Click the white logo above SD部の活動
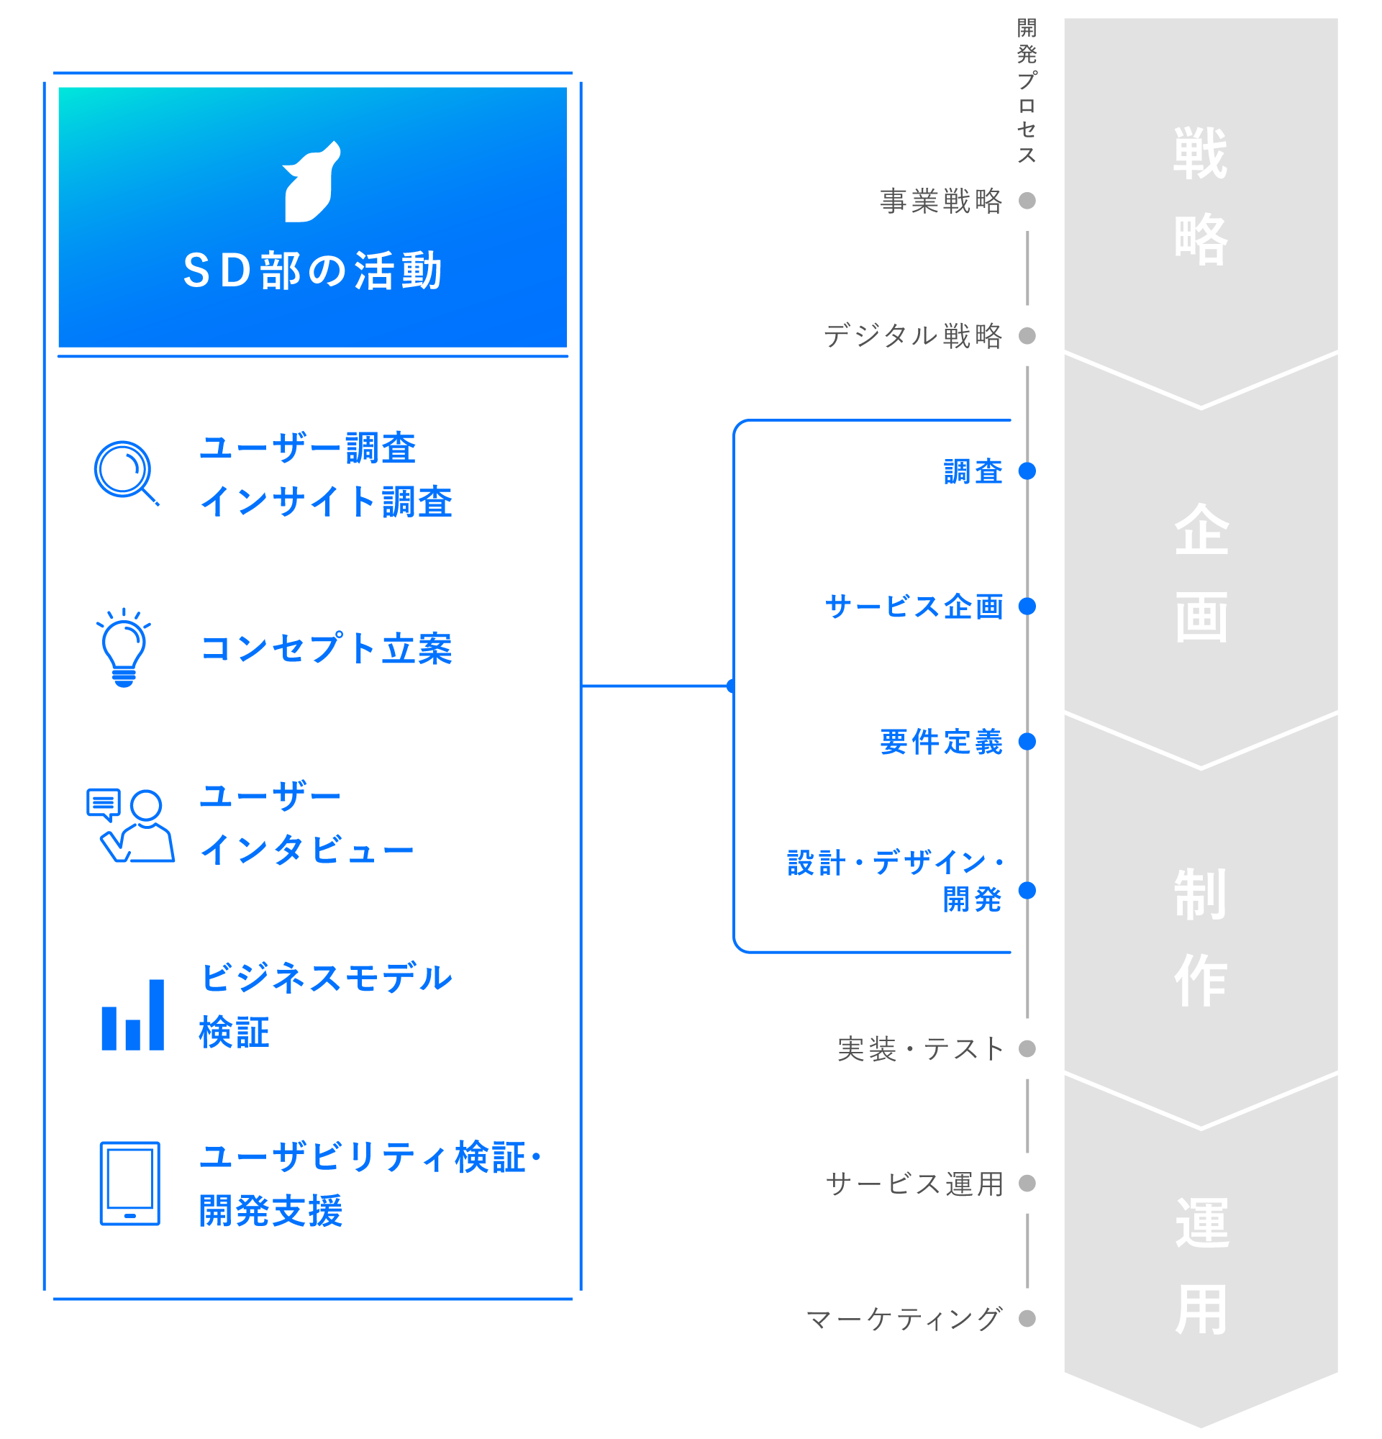coord(312,182)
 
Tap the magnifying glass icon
coord(125,472)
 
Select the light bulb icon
coord(123,648)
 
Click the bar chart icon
coord(133,1014)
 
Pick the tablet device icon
coord(130,1184)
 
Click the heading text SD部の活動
coord(312,271)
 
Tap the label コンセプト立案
coord(326,649)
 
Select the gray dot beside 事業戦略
coord(1027,201)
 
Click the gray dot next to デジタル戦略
coord(1027,335)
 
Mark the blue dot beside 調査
coord(1027,471)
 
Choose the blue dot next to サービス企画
coord(1027,607)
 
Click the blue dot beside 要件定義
coord(1027,742)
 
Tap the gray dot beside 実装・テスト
coord(1027,1048)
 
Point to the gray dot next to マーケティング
coord(1027,1319)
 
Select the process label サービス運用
coord(914,1184)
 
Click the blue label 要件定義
coord(941,742)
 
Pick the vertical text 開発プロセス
coord(1027,91)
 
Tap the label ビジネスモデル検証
coord(326,1004)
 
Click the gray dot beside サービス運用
coord(1027,1184)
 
